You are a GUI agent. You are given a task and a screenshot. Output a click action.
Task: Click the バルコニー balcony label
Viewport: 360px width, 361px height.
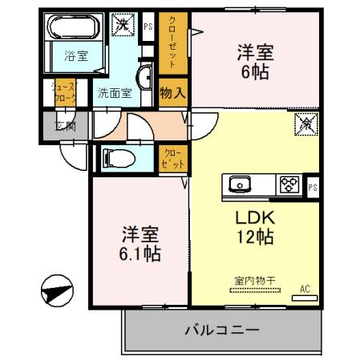[x=221, y=329]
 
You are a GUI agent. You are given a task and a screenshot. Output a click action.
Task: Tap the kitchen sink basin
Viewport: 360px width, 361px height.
[x=241, y=185]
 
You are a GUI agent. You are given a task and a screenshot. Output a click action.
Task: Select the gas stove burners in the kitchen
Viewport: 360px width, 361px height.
[x=288, y=185]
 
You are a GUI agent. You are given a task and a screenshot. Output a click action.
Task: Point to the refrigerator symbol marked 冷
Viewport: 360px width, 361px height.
[x=307, y=124]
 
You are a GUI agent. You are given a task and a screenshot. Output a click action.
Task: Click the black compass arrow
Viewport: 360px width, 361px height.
[x=57, y=290]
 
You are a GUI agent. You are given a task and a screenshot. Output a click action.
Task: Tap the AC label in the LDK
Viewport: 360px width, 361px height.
[x=305, y=289]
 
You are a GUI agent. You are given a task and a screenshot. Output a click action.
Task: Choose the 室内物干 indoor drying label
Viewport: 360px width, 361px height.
[x=255, y=281]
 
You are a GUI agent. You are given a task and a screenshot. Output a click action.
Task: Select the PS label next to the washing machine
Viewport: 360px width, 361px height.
[x=148, y=26]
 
